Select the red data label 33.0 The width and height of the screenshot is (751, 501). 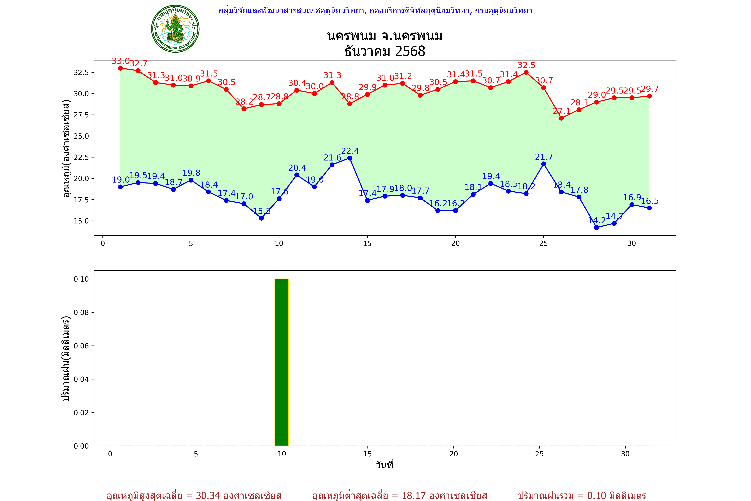tap(121, 61)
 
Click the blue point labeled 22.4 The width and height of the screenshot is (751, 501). tap(350, 158)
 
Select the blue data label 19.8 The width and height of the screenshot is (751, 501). tap(191, 173)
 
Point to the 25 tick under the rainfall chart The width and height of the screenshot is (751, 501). tap(539, 454)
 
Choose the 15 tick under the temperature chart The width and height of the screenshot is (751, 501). tap(367, 243)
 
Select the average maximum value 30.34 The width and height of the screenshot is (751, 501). tap(208, 495)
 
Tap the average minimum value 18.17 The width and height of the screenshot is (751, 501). tap(414, 495)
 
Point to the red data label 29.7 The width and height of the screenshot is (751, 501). tap(650, 89)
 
